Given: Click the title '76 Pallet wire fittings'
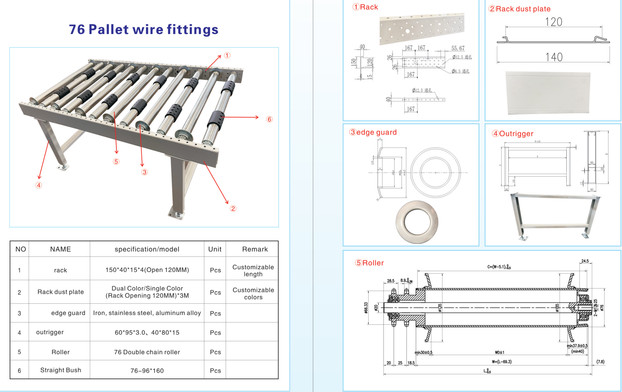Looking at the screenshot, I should [144, 29].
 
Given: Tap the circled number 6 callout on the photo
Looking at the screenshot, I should [269, 119].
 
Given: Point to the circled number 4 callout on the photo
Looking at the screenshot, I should [39, 185].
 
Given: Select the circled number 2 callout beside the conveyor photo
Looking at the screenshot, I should [233, 208].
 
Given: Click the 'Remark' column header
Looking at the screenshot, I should [255, 249].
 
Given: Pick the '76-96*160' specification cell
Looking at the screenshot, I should [147, 371].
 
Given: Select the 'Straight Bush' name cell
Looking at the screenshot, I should [60, 370].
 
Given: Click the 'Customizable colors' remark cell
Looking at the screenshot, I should [253, 293].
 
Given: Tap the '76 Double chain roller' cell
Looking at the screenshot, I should [147, 352].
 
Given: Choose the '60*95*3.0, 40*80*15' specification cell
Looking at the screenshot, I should [147, 333].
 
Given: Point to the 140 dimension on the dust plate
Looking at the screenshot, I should [554, 57].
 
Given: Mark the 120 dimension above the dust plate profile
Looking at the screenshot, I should [554, 22].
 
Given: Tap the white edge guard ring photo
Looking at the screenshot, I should [417, 222].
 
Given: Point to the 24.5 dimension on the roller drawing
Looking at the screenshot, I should [585, 261].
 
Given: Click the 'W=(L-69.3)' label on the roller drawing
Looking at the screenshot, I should [501, 362].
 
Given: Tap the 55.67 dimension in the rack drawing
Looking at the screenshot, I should [458, 48].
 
